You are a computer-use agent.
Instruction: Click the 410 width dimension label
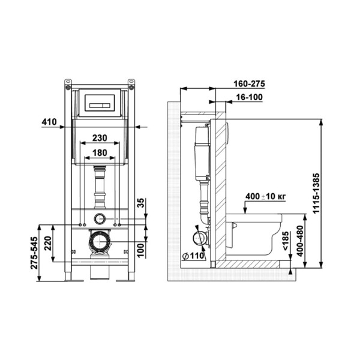pos(49,122)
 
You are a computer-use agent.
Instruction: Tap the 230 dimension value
pos(100,138)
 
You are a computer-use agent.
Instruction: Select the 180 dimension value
pos(100,152)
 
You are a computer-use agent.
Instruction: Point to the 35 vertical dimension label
pos(141,203)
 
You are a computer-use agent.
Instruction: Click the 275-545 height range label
pos(34,253)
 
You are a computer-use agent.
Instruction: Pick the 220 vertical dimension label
pos(48,244)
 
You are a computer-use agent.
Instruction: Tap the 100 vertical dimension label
pos(141,250)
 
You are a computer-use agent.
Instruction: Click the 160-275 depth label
pos(250,84)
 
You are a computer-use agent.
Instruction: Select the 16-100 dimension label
pos(250,97)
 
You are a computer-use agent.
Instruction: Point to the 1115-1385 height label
pos(316,194)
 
